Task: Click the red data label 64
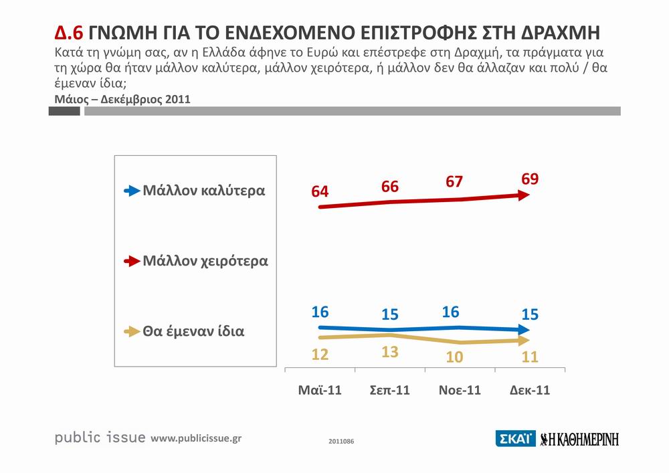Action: click(320, 192)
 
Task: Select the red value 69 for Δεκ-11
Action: click(531, 179)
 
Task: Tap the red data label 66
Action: click(390, 187)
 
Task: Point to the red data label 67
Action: click(454, 182)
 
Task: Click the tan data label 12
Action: click(320, 355)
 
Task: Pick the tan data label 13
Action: click(390, 353)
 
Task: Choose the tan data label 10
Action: click(454, 357)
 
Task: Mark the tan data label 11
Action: click(531, 356)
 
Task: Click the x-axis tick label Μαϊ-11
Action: click(320, 391)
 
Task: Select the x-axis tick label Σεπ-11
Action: click(390, 391)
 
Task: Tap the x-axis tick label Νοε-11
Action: click(459, 391)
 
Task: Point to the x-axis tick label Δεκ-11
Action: click(529, 391)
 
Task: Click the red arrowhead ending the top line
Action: click(525, 195)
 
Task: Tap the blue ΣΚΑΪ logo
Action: click(514, 439)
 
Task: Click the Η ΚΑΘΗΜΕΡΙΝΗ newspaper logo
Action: click(579, 439)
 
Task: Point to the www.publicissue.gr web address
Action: click(196, 438)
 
